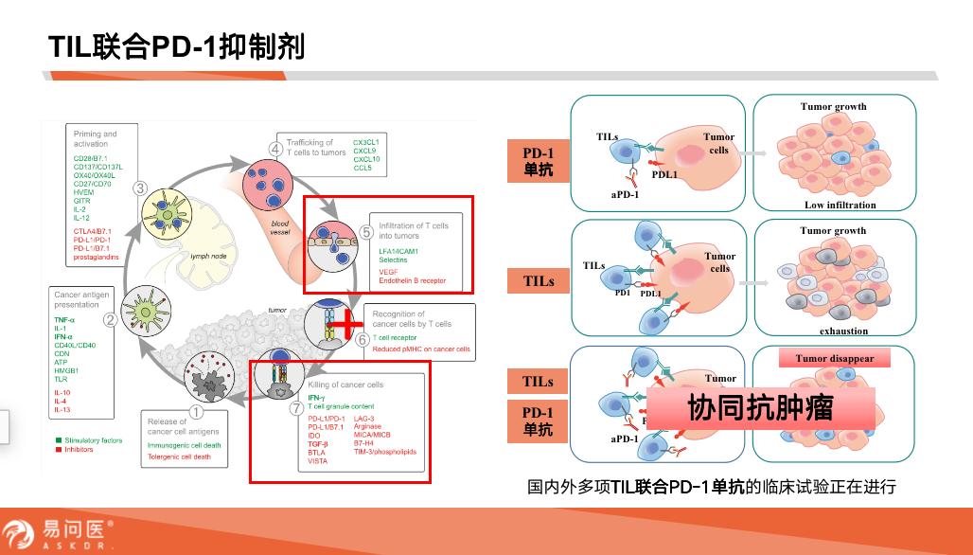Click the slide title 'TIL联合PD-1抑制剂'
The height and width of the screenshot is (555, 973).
[177, 45]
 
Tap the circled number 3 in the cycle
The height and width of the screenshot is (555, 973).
[139, 188]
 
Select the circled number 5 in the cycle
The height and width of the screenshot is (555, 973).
[367, 232]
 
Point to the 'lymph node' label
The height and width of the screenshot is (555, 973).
[207, 256]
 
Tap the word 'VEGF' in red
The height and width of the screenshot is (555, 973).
[388, 271]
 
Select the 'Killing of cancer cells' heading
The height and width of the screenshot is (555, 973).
[345, 385]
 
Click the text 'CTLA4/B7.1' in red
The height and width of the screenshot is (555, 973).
[93, 230]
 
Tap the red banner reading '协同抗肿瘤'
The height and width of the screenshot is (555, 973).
[760, 409]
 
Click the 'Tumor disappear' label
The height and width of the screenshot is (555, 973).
[834, 359]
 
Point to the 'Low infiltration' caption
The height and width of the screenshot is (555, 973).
[840, 205]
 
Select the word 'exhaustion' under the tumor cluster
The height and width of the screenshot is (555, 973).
[843, 331]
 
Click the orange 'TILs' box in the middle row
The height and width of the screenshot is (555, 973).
[539, 281]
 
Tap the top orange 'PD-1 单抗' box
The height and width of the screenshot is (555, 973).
[539, 161]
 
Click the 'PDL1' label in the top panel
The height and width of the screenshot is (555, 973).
[663, 173]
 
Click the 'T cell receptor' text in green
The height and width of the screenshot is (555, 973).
[395, 337]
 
